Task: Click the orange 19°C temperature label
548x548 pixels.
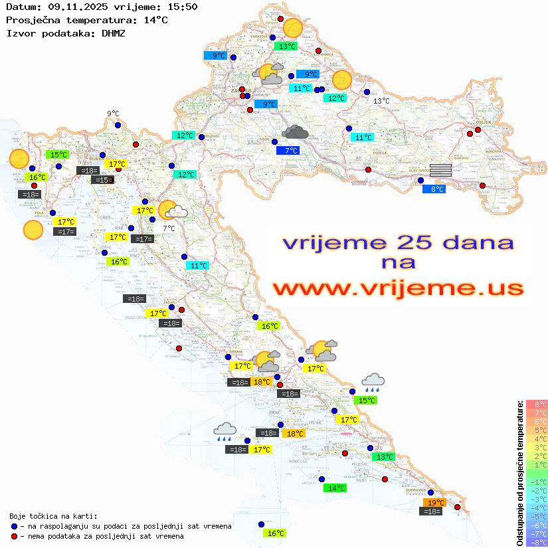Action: pyautogui.click(x=435, y=502)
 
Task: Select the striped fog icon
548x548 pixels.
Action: pyautogui.click(x=440, y=170)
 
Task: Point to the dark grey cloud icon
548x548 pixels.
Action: pyautogui.click(x=294, y=132)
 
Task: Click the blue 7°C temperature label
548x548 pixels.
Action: pyautogui.click(x=288, y=151)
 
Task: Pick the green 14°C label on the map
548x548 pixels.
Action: pyautogui.click(x=335, y=488)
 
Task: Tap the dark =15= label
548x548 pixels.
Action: pyautogui.click(x=102, y=180)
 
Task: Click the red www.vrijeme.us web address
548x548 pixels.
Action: pyautogui.click(x=398, y=288)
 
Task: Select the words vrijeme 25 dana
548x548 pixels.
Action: pyautogui.click(x=397, y=242)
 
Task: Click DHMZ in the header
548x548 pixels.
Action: pyautogui.click(x=114, y=33)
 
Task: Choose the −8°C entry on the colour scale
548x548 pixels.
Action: pyautogui.click(x=536, y=542)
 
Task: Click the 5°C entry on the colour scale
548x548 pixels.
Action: pyautogui.click(x=536, y=430)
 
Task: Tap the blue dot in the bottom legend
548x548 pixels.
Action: pyautogui.click(x=14, y=526)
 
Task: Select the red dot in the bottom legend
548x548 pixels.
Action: pyautogui.click(x=14, y=536)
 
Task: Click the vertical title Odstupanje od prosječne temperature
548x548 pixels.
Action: pyautogui.click(x=520, y=472)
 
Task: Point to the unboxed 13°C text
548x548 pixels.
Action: pyautogui.click(x=381, y=101)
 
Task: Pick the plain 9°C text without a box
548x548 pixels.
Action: pyautogui.click(x=113, y=114)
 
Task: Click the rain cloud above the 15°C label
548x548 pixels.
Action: pyautogui.click(x=373, y=381)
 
